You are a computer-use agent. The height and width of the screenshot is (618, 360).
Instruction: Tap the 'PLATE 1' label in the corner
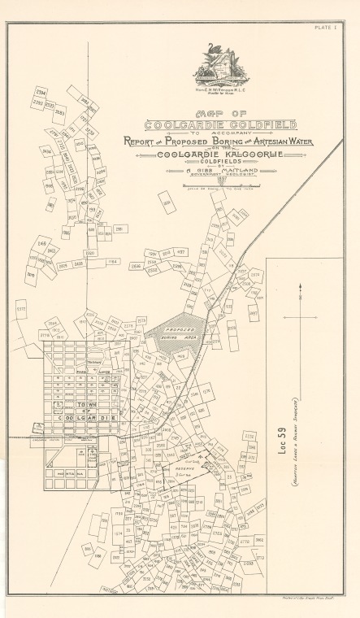click(333, 28)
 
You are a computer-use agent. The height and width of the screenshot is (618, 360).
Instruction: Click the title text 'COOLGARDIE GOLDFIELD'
click(220, 124)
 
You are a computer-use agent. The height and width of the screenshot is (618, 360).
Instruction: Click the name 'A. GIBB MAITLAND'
click(220, 171)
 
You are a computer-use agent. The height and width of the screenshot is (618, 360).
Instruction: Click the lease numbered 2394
click(41, 92)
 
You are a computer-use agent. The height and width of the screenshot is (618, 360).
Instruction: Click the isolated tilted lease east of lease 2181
click(167, 202)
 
